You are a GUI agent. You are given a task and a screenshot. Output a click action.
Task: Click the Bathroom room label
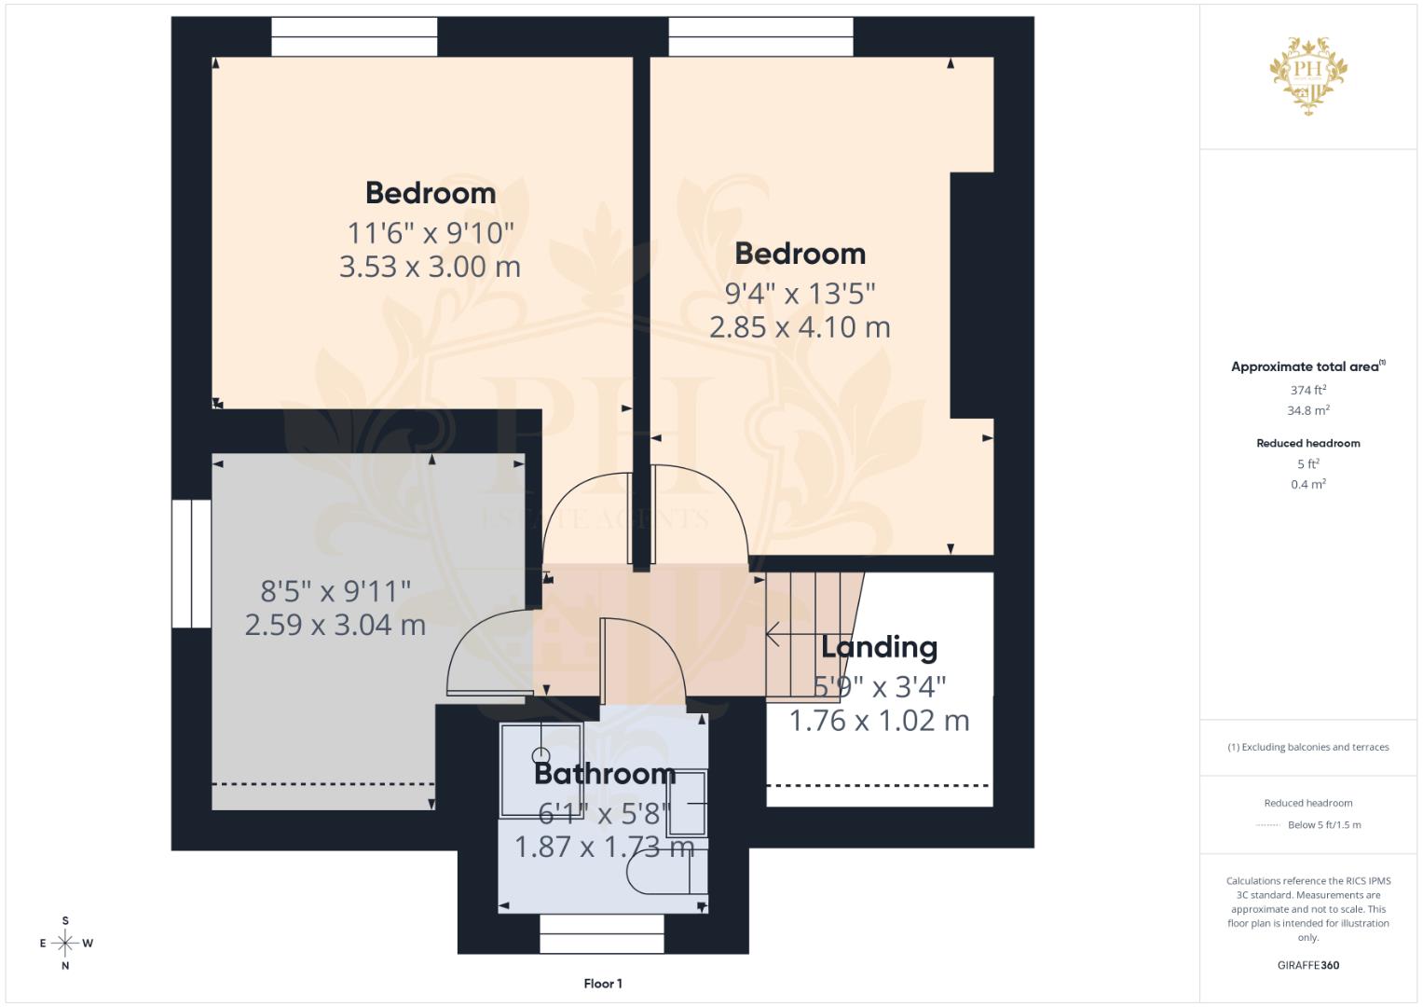click(x=604, y=773)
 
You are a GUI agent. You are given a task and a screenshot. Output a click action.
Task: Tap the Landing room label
click(x=879, y=646)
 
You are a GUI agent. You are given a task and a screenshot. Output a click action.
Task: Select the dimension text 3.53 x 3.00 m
click(x=430, y=267)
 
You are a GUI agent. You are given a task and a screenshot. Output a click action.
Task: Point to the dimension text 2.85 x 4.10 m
click(x=800, y=327)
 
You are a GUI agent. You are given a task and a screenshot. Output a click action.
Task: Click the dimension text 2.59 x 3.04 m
click(x=335, y=625)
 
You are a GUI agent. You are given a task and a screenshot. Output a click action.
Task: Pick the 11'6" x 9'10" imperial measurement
click(x=430, y=232)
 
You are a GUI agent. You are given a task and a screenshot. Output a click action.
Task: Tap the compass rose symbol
click(x=65, y=944)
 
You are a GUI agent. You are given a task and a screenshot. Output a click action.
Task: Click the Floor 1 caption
click(x=603, y=984)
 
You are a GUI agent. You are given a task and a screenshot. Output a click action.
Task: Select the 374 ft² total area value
click(x=1307, y=390)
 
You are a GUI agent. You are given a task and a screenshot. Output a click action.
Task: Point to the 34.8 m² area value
click(x=1307, y=410)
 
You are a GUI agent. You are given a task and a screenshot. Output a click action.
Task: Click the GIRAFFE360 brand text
click(x=1307, y=965)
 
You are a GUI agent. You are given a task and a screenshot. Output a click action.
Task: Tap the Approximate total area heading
click(x=1307, y=366)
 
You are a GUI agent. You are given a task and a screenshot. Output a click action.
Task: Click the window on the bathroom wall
click(x=602, y=933)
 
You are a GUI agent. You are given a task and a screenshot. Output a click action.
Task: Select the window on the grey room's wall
click(x=191, y=563)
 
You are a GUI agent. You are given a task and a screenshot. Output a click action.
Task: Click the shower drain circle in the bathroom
click(x=541, y=755)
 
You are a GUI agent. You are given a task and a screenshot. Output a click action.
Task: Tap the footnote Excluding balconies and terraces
click(x=1307, y=747)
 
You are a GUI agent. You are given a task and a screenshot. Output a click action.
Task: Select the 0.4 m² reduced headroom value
click(x=1307, y=484)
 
